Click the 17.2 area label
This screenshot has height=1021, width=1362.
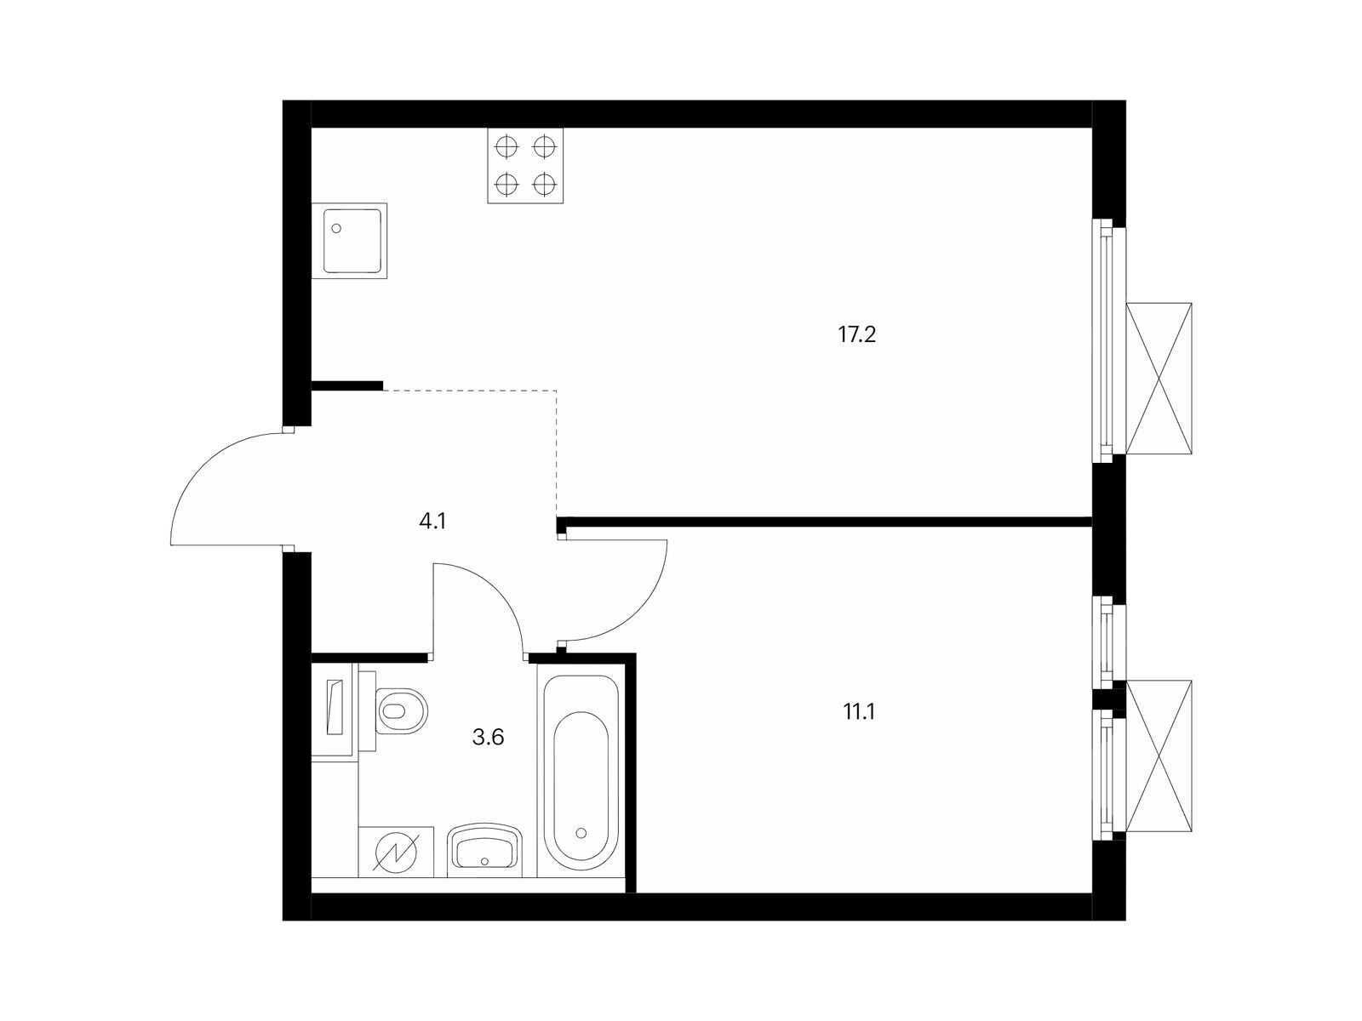click(856, 335)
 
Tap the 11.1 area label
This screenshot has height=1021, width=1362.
click(859, 712)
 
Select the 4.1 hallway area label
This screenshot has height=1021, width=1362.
click(432, 522)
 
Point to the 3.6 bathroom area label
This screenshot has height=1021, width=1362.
click(488, 737)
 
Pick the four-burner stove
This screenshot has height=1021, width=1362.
click(525, 166)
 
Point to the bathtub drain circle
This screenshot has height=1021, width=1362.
click(581, 834)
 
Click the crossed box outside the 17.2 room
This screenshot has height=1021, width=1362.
click(1159, 379)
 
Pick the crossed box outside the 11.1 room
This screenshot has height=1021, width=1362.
click(1159, 756)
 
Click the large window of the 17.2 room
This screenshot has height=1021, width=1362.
click(1109, 340)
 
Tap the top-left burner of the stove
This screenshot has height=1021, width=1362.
click(506, 147)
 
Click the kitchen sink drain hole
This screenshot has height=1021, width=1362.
click(336, 228)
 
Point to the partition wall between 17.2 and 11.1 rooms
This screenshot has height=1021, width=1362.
click(824, 522)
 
